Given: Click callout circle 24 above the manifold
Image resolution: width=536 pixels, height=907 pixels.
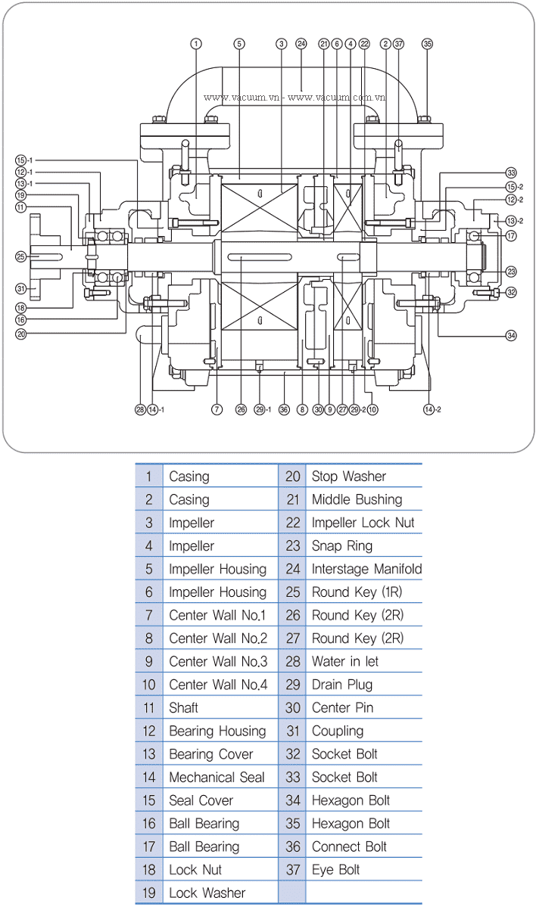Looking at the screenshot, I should [x=301, y=43].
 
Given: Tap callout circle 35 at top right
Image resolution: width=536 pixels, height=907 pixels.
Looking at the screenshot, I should [x=427, y=44].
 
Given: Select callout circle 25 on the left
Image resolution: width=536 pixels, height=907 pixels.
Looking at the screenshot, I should [x=21, y=256].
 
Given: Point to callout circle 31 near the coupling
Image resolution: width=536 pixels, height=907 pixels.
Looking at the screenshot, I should [x=21, y=288].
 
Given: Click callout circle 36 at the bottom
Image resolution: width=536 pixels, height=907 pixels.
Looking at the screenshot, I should [x=284, y=409].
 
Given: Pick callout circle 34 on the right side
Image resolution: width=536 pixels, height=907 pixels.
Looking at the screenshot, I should [x=511, y=335].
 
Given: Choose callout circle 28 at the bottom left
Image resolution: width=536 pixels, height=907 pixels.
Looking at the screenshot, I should [x=140, y=409].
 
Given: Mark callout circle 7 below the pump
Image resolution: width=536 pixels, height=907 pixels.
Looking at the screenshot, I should [x=217, y=409].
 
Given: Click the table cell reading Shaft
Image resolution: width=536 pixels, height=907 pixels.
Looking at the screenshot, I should [x=184, y=708].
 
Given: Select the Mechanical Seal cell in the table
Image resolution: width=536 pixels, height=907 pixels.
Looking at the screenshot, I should [x=217, y=777].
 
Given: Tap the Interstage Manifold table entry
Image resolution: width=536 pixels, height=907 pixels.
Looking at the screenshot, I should [x=366, y=569].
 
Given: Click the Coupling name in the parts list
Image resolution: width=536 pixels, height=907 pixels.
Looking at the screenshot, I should [x=337, y=731].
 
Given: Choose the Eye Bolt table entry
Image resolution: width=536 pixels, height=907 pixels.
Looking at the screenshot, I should [x=335, y=870].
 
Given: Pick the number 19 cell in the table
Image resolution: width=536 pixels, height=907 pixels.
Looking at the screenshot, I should [x=148, y=893].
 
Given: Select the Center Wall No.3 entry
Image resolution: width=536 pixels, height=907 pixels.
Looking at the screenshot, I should [x=217, y=661].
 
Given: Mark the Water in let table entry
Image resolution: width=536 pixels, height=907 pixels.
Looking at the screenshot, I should [x=344, y=661].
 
